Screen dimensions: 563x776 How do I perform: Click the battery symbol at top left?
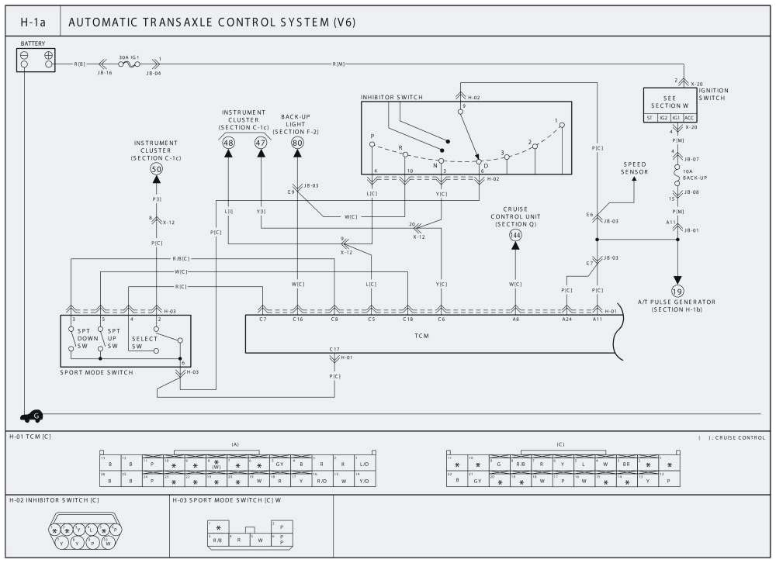[36, 60]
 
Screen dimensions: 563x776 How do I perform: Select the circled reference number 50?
[156, 169]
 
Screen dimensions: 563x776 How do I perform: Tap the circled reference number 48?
[228, 143]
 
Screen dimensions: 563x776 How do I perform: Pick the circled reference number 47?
[261, 143]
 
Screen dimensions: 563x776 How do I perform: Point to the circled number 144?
[515, 234]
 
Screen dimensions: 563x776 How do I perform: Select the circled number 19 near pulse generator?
[677, 291]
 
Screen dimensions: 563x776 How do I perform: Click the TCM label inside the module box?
[422, 337]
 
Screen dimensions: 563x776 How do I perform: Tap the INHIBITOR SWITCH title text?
[392, 97]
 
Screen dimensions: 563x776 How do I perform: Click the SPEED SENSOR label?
[635, 168]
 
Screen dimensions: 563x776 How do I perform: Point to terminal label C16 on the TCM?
[297, 319]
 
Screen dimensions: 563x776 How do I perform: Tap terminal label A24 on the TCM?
[566, 319]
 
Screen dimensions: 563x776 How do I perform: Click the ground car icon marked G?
[32, 416]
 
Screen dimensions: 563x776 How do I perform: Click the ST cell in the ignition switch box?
[650, 118]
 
